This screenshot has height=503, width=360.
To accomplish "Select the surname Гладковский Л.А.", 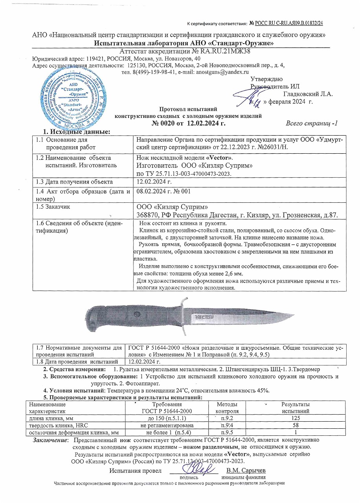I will pos(308,94).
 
